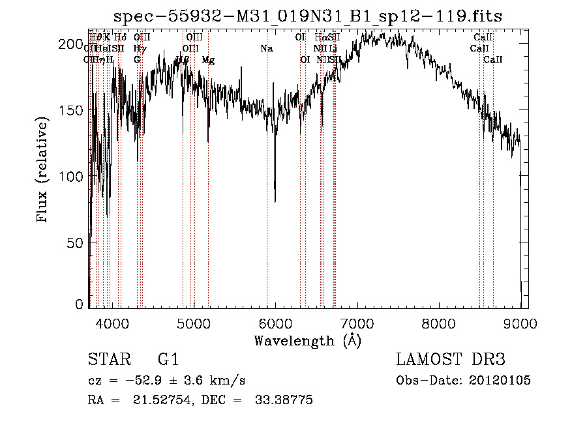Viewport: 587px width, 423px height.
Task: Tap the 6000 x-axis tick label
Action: point(275,322)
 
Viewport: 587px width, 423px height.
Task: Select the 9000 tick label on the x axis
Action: point(520,322)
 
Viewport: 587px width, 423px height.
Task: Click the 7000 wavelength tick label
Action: point(357,322)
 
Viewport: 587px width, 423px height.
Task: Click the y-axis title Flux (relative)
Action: point(44,171)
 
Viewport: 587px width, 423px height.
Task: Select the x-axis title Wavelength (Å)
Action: point(307,340)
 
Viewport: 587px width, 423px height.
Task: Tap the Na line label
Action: point(266,49)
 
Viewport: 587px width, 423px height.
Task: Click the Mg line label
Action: point(208,60)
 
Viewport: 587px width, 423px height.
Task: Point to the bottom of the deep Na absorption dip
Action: point(275,201)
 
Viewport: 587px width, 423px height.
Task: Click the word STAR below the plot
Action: point(110,360)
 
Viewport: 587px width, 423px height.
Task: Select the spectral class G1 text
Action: point(168,360)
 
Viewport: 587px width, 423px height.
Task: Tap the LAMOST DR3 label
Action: point(450,360)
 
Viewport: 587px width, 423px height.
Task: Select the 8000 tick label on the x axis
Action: point(438,322)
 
